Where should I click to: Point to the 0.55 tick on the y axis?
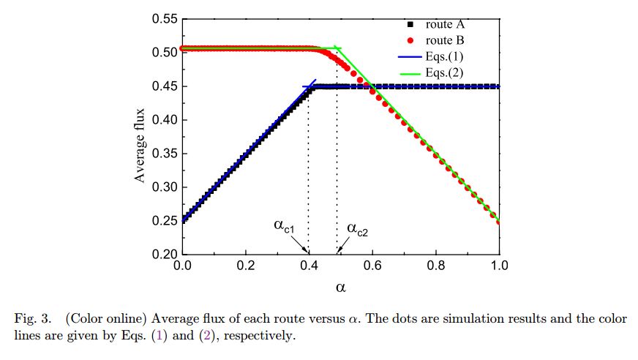pos(165,18)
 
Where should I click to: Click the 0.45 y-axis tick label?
pos(165,86)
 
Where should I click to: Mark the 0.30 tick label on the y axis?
pos(165,187)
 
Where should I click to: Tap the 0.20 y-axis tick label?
pos(165,255)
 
